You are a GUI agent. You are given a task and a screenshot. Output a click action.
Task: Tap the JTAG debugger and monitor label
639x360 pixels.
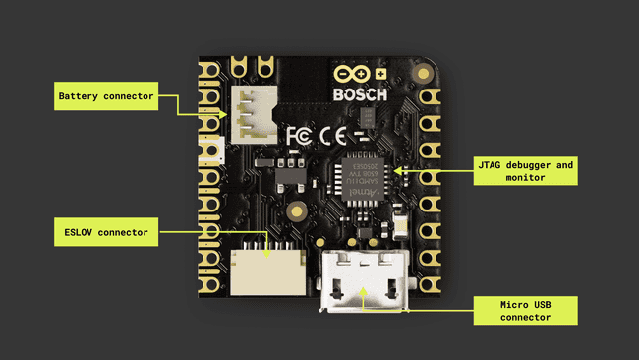click(x=524, y=171)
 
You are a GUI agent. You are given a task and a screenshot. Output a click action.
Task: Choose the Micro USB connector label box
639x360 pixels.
click(x=524, y=311)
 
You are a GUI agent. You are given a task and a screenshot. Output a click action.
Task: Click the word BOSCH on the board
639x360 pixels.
click(x=360, y=95)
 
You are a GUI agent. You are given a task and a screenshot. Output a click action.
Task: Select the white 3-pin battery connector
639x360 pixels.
click(x=253, y=112)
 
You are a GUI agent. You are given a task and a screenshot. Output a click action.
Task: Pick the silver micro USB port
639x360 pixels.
click(x=364, y=280)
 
